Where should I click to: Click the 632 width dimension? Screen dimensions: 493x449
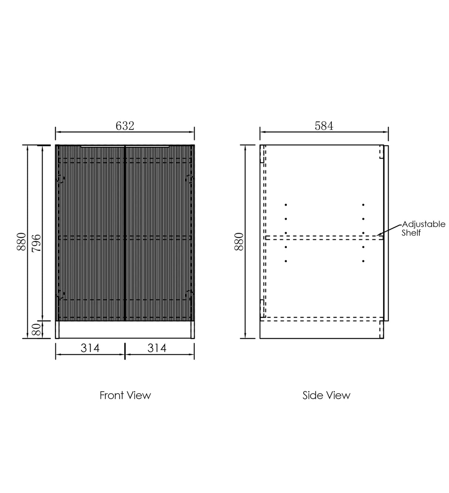(125, 126)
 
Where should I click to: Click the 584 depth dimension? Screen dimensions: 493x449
(324, 126)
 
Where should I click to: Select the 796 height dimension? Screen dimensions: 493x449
(36, 243)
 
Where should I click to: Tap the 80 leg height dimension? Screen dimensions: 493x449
(36, 329)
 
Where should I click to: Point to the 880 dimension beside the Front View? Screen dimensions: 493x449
(21, 242)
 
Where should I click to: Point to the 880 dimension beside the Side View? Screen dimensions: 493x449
(239, 242)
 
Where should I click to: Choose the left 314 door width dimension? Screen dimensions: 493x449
(90, 348)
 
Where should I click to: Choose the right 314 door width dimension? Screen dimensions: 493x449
(157, 348)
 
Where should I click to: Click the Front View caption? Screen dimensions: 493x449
(125, 395)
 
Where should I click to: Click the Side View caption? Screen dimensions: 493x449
(326, 395)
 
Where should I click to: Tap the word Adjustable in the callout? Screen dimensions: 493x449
(423, 224)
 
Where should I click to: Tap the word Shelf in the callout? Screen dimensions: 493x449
(411, 233)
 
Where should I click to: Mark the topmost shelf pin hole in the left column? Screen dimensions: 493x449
(286, 205)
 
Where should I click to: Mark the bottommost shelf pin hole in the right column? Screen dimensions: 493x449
(363, 261)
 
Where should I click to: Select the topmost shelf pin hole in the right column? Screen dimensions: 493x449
(363, 205)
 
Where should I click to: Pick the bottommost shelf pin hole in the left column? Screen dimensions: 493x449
(286, 261)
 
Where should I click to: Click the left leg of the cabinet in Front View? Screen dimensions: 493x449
(57, 330)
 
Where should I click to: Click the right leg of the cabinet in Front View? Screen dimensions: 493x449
(192, 330)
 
